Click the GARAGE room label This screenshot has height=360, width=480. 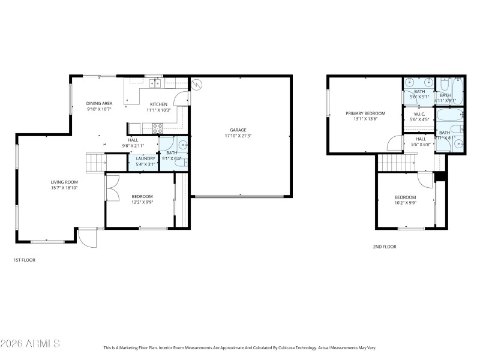238,130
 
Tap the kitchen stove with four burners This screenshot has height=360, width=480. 158,127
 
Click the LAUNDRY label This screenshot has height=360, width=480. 145,158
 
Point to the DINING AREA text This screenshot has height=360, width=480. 99,103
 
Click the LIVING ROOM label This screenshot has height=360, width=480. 64,182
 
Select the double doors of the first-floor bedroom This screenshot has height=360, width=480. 110,188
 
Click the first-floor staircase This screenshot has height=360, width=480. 95,163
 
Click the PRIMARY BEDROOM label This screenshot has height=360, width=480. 365,113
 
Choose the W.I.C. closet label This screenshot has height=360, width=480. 415,113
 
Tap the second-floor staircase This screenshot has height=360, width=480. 395,162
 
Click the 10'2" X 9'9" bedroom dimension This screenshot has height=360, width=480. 405,203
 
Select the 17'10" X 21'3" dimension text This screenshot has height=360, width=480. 238,136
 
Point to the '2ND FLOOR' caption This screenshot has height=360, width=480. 385,247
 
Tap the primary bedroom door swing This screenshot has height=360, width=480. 395,143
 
